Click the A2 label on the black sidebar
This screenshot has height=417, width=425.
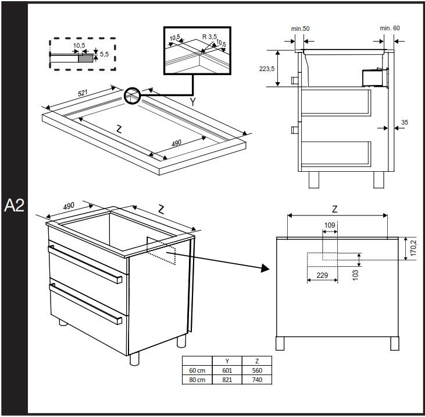point(14,206)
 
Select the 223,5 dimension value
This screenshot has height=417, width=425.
point(267,69)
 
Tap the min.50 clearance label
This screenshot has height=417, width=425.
point(301,29)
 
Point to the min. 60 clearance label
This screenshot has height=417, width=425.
point(390,28)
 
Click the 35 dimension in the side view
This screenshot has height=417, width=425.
point(405,122)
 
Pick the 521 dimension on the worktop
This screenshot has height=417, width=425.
point(83,93)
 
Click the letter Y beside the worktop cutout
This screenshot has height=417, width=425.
point(192,102)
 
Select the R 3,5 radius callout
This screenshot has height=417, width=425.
point(209,36)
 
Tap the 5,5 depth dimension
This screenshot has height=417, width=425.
point(104,54)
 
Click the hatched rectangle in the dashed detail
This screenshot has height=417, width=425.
point(85,58)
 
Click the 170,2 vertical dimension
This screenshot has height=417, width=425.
point(413,248)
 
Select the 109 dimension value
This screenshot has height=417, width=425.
point(330,225)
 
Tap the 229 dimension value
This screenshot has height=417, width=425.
point(322,275)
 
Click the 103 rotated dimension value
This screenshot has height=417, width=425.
point(355,275)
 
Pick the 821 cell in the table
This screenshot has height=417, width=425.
point(227,380)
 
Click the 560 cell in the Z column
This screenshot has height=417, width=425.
point(257,370)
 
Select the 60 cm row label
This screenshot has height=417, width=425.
point(197,370)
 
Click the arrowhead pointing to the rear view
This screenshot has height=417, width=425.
point(265,268)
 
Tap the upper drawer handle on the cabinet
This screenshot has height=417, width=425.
point(85,264)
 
